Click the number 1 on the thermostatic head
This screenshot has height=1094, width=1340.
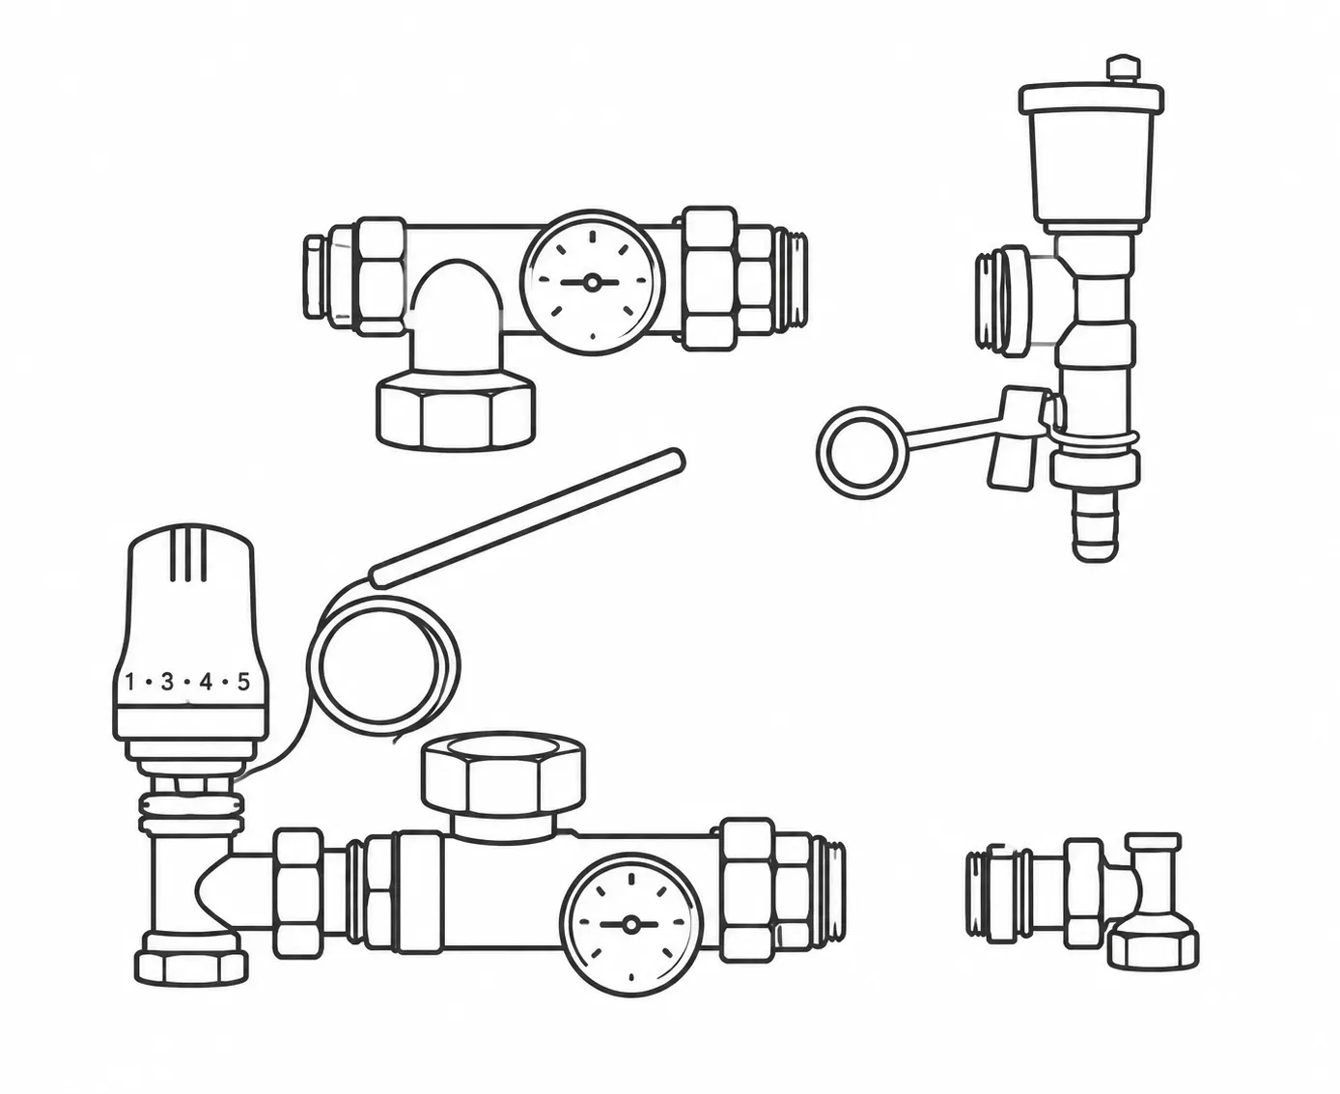[x=130, y=682]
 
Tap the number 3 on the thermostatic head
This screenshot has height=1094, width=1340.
[x=167, y=682]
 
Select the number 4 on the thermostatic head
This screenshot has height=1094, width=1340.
[x=206, y=682]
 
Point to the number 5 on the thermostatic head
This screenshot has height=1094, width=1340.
[x=243, y=682]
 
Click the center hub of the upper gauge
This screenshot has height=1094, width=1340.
[x=592, y=282]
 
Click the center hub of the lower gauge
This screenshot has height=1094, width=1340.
[x=631, y=925]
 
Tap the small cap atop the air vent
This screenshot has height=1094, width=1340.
[x=1124, y=70]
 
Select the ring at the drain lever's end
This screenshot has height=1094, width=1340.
[x=860, y=452]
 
